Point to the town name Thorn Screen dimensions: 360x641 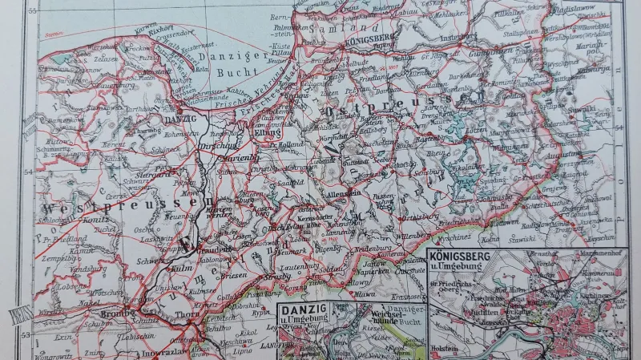point(186,314)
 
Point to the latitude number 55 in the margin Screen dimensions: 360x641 point(33,11)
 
